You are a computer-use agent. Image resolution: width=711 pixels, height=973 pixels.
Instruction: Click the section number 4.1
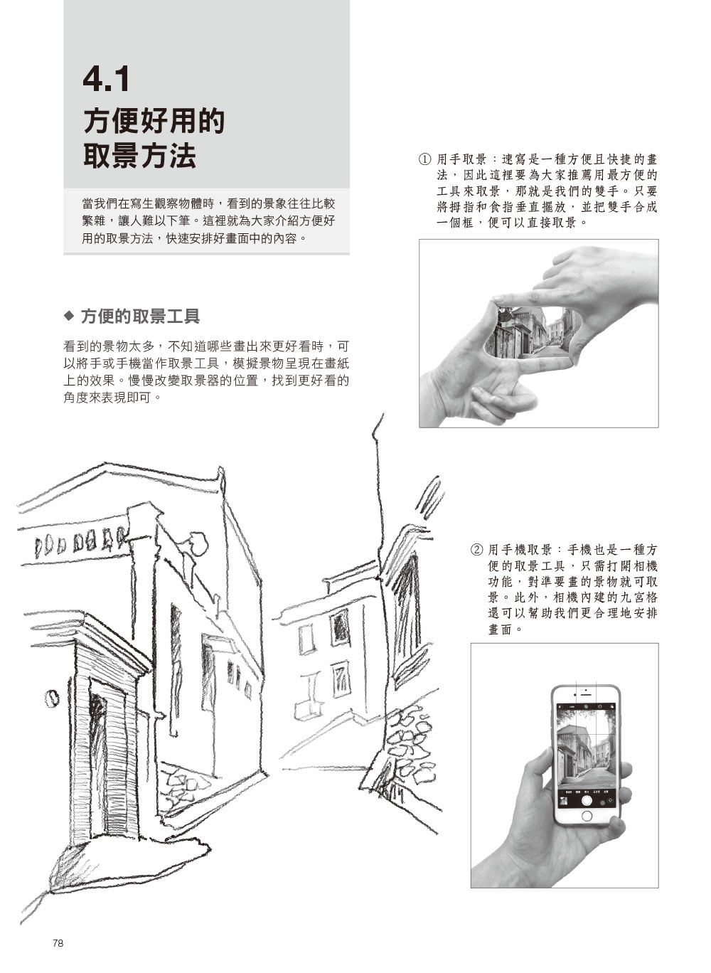tap(106, 80)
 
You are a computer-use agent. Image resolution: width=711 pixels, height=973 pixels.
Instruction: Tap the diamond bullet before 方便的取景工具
tap(69, 316)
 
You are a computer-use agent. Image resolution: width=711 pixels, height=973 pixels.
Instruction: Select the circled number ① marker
tap(424, 159)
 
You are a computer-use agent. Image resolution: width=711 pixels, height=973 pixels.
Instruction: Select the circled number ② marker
tap(476, 550)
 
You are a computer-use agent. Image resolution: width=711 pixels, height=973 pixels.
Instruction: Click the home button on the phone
tap(587, 815)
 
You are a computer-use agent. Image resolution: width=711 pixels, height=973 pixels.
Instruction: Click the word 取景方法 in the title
tap(139, 156)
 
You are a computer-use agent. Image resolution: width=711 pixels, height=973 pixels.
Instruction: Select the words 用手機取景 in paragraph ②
tap(520, 550)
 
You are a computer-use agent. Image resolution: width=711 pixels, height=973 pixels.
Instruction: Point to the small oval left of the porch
tap(52, 698)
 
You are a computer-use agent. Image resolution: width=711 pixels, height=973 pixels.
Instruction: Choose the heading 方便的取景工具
tap(140, 316)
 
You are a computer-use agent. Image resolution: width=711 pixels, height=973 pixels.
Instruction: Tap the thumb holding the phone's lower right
tap(617, 822)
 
